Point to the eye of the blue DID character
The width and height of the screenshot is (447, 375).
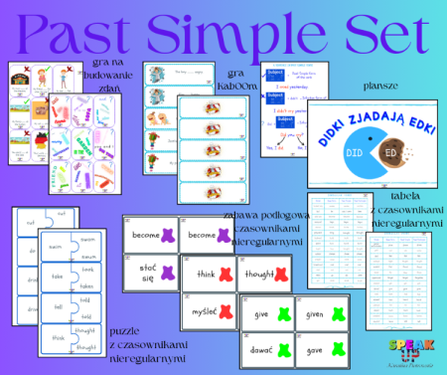360,148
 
